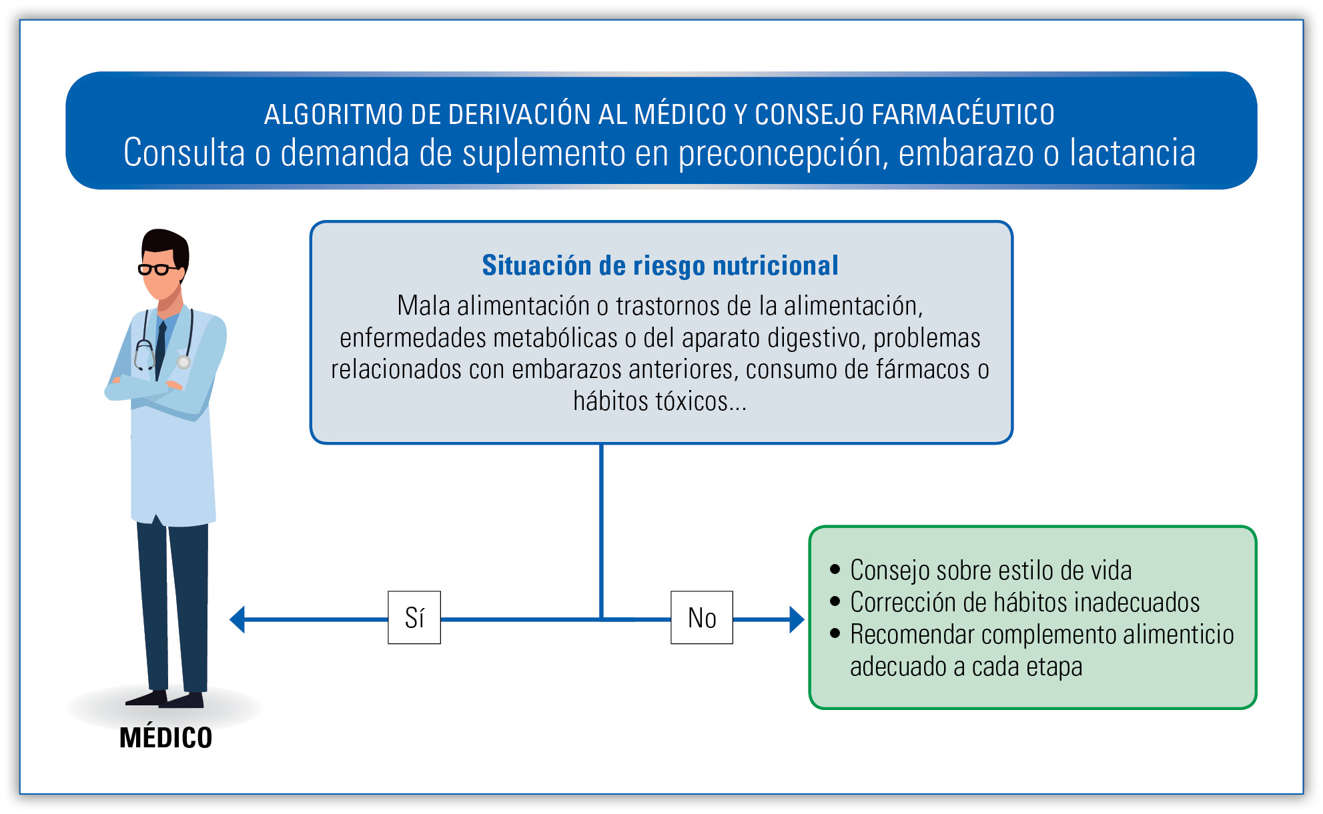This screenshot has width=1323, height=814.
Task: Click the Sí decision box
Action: coord(414,617)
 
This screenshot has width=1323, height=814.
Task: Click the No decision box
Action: coord(702,617)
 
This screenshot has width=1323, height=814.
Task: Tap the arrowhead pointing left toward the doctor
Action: coord(238,619)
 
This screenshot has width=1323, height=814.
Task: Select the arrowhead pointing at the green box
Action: coord(797,619)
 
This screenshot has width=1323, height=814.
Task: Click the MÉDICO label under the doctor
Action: coord(165,738)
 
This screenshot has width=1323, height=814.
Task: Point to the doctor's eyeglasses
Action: coord(157,269)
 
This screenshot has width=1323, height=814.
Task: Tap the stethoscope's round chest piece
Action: coord(184,362)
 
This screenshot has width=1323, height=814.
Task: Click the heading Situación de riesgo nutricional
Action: coord(660,265)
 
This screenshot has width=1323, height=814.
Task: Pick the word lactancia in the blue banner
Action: coord(1132,153)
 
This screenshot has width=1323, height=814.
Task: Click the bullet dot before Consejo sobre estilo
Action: coord(835,569)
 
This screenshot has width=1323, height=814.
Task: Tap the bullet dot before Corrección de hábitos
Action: coord(835,601)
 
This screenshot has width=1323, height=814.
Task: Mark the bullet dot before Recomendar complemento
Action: coord(835,633)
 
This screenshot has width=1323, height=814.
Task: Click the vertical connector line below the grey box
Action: coord(601,531)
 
